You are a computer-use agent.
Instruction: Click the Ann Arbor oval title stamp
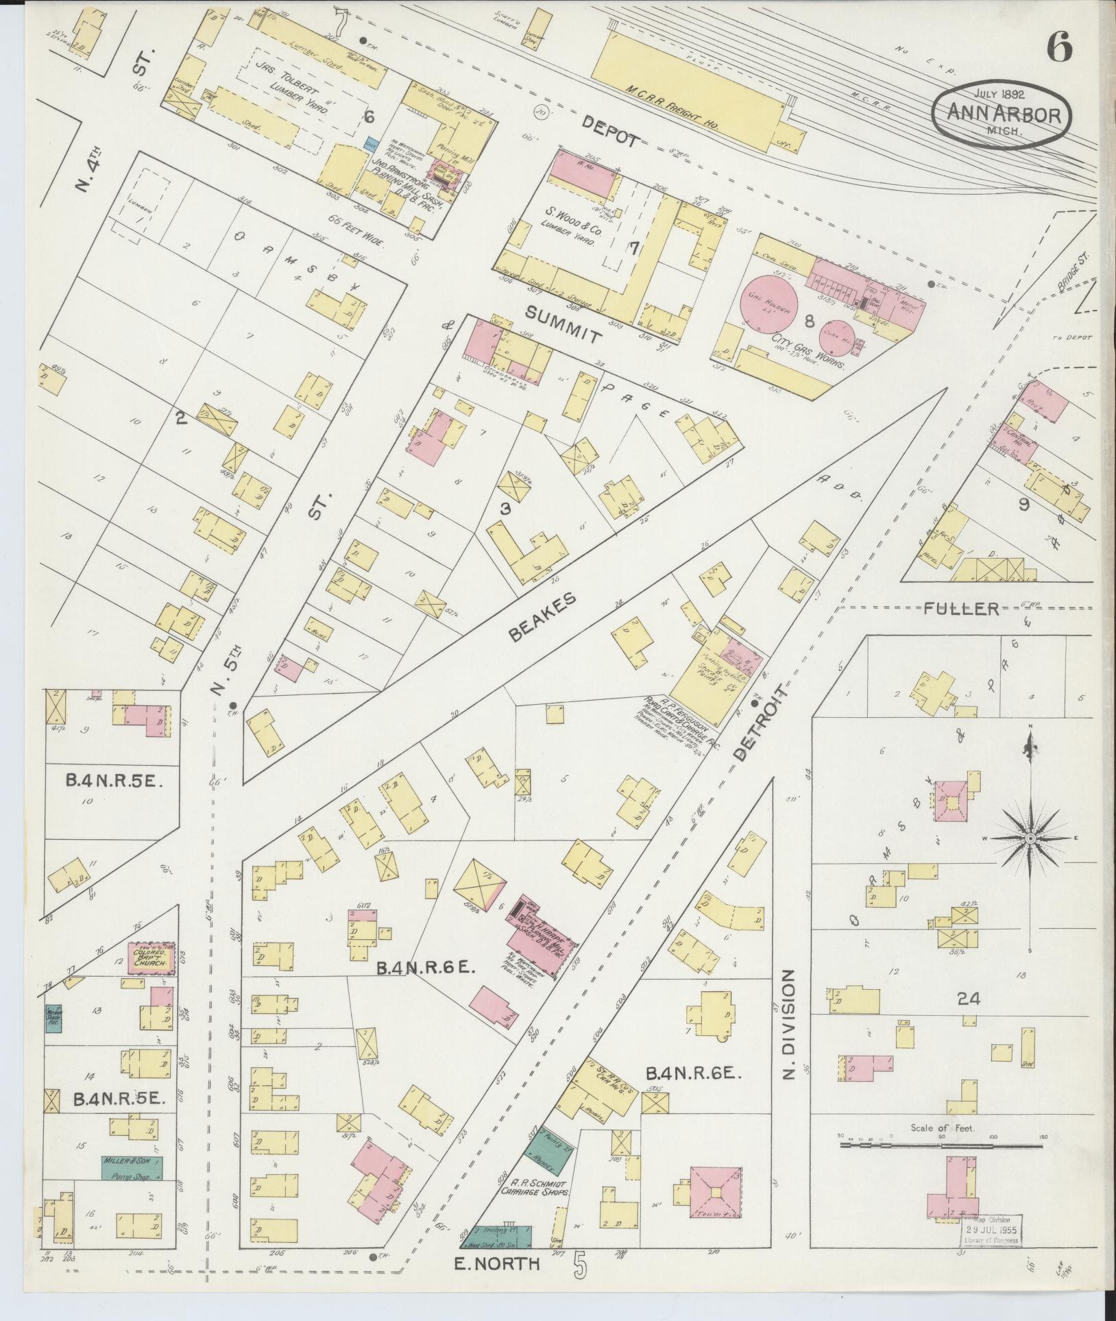[x=1001, y=115]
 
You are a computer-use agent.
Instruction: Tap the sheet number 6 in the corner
[x=1059, y=47]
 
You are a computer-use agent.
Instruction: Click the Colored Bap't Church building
[x=151, y=957]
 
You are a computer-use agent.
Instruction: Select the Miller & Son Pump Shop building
[x=132, y=1168]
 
